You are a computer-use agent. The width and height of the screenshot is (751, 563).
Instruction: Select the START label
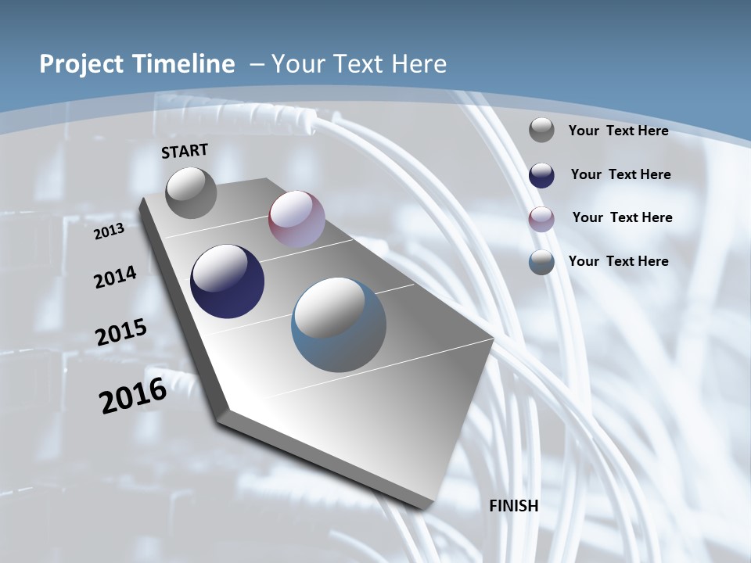tap(185, 151)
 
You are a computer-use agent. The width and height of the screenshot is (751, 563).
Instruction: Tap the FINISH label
tap(514, 506)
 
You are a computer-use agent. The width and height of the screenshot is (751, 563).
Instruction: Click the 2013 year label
tap(109, 231)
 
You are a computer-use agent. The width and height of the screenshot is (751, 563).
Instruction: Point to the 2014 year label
tap(115, 277)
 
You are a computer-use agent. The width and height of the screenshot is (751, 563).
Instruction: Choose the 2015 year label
tap(121, 332)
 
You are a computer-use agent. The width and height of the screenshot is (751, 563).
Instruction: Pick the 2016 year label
tap(133, 396)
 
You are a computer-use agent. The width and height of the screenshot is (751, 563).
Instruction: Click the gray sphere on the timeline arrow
tap(192, 192)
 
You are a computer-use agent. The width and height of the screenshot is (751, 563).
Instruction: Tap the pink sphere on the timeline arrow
tap(296, 219)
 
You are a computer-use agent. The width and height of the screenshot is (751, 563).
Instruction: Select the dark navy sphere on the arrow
tap(228, 281)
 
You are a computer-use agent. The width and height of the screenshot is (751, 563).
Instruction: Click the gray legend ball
tap(541, 130)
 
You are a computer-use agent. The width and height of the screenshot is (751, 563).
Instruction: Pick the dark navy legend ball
tap(541, 175)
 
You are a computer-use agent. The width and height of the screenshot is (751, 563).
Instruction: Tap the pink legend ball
tap(541, 218)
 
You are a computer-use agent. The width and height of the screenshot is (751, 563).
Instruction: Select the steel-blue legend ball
tap(541, 262)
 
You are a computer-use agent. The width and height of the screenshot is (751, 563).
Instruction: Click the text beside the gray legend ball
tap(618, 131)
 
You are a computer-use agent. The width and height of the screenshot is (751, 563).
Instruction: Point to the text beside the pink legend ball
tap(622, 217)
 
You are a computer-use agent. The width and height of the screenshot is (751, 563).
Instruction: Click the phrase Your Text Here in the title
tap(359, 64)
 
